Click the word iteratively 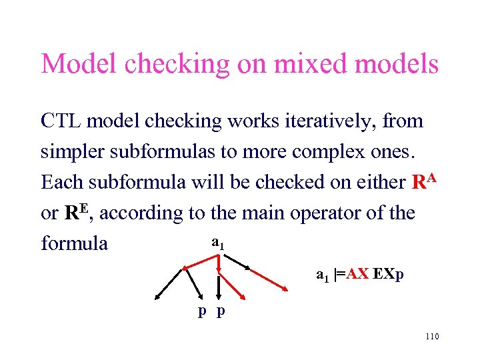point(326,121)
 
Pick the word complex point(319,151)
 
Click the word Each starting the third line point(59,182)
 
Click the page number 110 point(431,337)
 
